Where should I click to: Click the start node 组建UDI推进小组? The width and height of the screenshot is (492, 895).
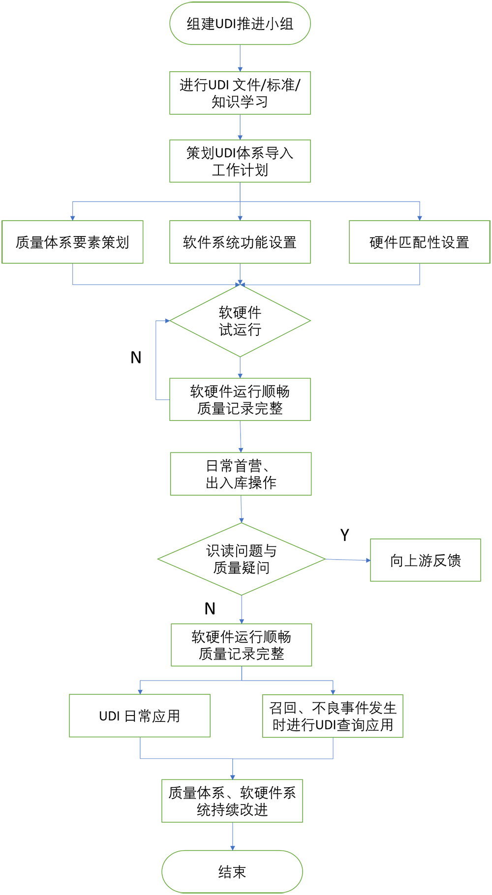[240, 24]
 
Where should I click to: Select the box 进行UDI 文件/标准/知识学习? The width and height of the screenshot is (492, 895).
[240, 93]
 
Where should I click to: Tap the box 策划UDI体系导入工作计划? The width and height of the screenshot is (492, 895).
[240, 161]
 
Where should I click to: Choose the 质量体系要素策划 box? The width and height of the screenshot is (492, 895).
[73, 242]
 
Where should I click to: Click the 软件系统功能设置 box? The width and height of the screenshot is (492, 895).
[240, 242]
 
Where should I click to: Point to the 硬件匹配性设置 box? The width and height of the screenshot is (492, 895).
[419, 242]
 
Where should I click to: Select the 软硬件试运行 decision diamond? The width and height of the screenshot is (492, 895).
[240, 321]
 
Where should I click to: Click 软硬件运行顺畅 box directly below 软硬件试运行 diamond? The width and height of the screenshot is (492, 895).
[240, 399]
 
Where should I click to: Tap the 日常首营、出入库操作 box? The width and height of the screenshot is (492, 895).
[241, 474]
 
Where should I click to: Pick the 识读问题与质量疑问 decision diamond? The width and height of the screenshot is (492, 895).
[241, 559]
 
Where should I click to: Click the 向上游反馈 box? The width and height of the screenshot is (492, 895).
[426, 560]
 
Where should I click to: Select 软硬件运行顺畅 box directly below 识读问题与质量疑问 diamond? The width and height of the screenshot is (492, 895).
[241, 645]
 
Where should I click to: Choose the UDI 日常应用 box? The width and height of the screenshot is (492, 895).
[140, 716]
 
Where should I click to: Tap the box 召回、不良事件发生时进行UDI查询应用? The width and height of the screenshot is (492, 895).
[333, 716]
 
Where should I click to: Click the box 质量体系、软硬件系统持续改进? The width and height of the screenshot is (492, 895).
[232, 801]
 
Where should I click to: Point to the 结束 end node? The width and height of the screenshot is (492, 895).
[232, 872]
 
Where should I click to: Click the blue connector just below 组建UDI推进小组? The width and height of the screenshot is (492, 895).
[240, 59]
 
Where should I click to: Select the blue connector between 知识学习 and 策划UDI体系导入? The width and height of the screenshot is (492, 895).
[240, 127]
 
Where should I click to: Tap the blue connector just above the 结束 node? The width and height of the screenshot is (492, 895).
[233, 836]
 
